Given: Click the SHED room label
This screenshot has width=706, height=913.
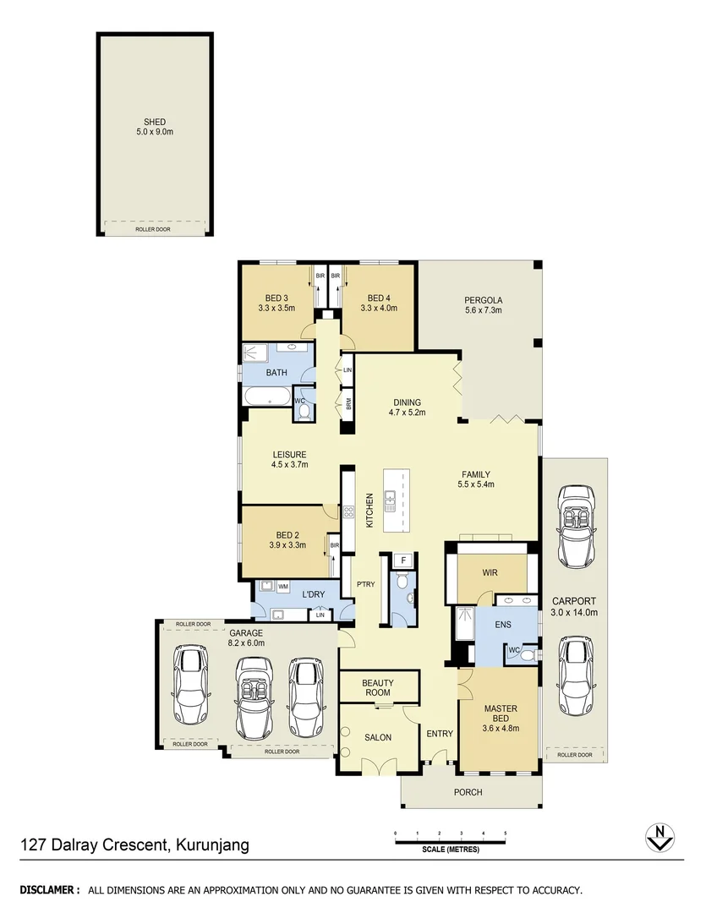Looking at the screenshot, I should [154, 122].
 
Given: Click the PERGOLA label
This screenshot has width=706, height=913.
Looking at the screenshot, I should [483, 300].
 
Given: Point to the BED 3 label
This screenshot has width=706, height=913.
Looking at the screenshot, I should [276, 298].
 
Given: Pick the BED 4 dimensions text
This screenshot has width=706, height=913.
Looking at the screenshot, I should [379, 309].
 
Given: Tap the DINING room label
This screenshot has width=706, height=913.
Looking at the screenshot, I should [407, 402].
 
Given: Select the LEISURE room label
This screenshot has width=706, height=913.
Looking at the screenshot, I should [288, 454].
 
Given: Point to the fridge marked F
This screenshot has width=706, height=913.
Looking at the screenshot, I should [404, 560].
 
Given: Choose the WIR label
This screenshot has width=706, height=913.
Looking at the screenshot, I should [490, 573].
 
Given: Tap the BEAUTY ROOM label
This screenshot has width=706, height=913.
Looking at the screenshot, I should [377, 687].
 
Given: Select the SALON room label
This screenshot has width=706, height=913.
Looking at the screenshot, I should [378, 737].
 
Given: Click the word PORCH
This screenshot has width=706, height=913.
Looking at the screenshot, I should [468, 792].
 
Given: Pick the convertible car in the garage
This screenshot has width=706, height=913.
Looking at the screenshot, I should [252, 693].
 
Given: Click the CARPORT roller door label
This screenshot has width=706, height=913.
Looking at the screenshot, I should [574, 754].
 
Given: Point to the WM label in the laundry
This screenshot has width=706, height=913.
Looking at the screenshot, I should [283, 585].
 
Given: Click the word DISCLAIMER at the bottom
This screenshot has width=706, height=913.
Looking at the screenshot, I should [49, 889].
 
